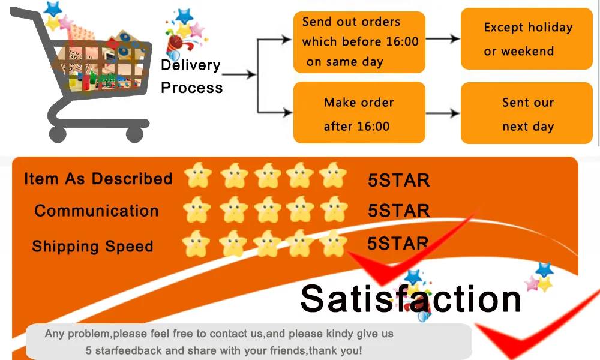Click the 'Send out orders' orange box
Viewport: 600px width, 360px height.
359,42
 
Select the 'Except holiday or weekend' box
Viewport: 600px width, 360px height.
527,39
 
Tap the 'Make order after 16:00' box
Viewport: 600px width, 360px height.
359,113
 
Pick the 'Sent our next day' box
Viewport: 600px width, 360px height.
527,113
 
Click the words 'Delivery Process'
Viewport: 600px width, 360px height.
191,76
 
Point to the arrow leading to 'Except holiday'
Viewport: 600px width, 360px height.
443,39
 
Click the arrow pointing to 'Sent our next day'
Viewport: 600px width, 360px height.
443,113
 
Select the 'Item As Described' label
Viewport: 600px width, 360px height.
98,179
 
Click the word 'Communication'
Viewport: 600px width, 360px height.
97,211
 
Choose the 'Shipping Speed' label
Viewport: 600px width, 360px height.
92,247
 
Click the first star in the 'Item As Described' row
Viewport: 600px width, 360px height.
197,176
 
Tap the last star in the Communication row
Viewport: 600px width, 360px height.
334,209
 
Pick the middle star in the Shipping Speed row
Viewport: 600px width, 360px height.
266,244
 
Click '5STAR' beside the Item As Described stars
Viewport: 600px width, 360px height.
398,180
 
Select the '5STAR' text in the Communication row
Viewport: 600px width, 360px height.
398,211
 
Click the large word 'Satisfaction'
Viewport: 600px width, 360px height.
410,298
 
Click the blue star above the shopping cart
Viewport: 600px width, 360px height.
53,8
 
